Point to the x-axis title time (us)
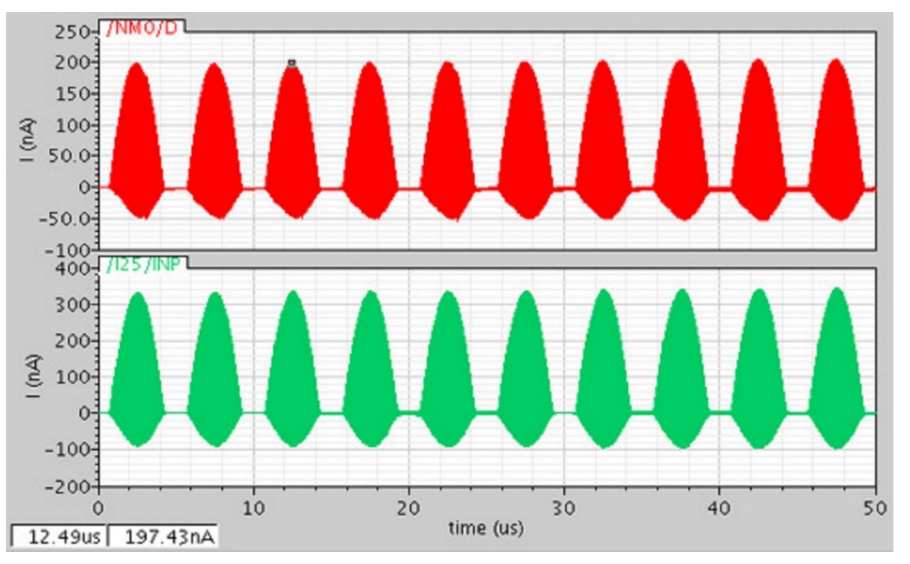pos(486,528)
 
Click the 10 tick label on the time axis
pos(254,508)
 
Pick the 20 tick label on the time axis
pos(408,508)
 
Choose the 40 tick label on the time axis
pos(719,508)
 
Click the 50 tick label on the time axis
pos(874,508)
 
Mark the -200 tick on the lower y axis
pos(67,487)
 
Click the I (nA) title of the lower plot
pos(34,376)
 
